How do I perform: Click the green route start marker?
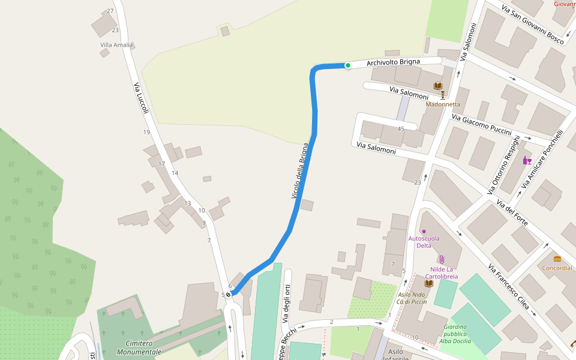coord(347,65)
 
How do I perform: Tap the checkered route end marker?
coord(229,295)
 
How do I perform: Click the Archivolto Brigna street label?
coord(393,62)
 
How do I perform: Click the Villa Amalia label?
coord(116,45)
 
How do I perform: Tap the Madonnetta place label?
coord(443,104)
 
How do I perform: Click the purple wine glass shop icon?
coord(527,160)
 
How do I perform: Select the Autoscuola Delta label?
coord(424,241)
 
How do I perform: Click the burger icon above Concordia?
coord(557,259)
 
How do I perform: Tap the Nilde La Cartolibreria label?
coord(444,273)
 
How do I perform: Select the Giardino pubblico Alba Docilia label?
coord(456,334)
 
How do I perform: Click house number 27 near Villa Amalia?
coord(110,11)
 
